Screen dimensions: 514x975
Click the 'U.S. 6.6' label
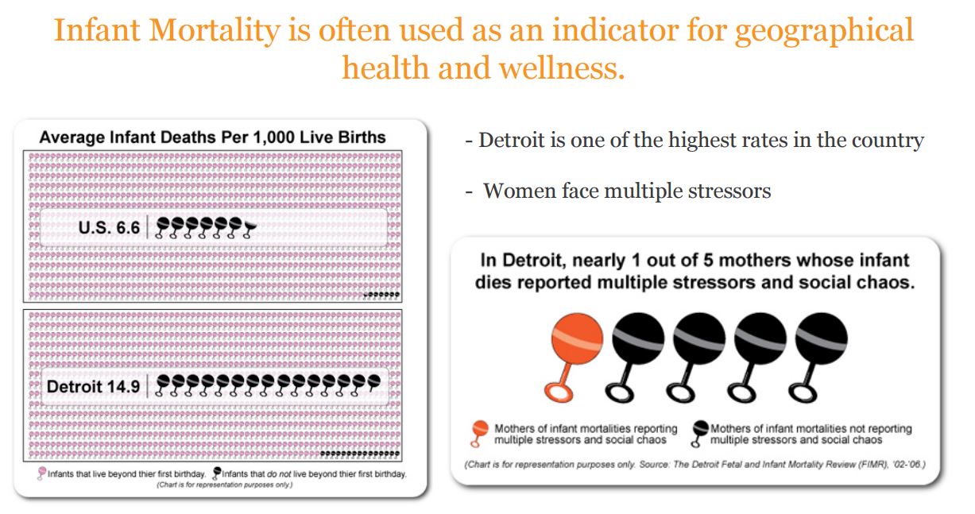click(x=109, y=228)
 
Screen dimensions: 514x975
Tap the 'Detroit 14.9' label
click(x=93, y=387)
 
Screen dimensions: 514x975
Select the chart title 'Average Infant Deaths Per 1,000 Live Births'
click(x=212, y=137)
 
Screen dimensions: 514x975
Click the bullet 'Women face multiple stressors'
click(x=626, y=191)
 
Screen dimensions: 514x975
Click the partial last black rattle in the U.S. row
click(x=250, y=228)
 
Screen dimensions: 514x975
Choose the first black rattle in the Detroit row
click(x=163, y=385)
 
